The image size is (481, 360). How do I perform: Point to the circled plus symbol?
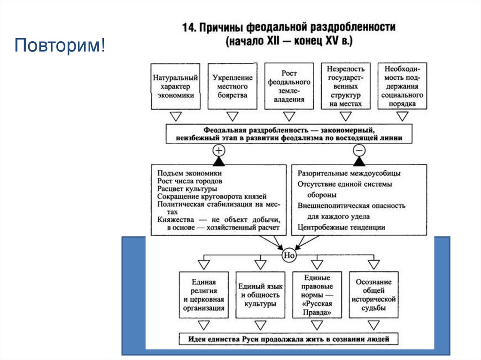(x=219, y=150)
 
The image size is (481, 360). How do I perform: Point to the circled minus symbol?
(x=359, y=150)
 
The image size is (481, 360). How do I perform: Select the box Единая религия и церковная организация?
(x=203, y=295)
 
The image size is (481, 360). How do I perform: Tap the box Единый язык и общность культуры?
(x=260, y=295)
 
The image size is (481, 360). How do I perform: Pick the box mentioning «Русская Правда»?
(x=317, y=295)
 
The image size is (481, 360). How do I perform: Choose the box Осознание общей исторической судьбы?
(x=373, y=295)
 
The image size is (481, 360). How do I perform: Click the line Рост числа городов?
(x=190, y=181)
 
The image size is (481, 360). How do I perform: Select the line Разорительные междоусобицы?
(x=346, y=173)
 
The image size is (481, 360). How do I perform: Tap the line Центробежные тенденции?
(x=341, y=227)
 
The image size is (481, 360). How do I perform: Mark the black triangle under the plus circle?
(x=219, y=161)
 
